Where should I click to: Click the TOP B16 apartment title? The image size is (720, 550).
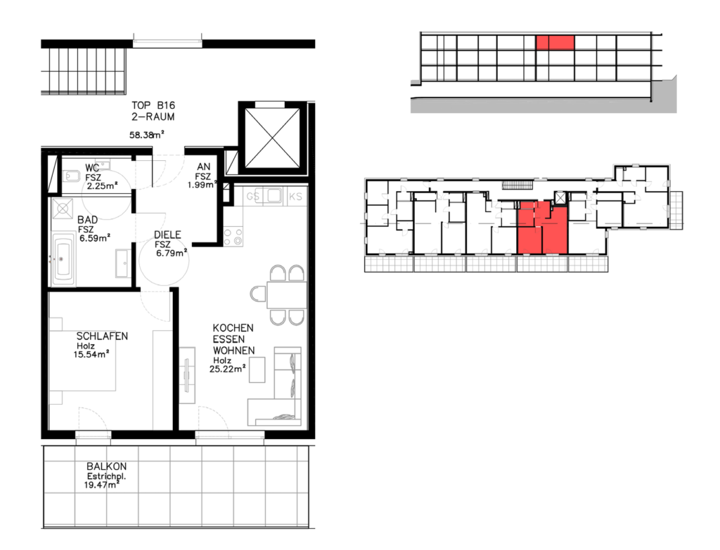(x=153, y=105)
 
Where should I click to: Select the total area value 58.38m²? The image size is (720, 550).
(x=147, y=134)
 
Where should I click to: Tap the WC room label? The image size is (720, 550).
(x=92, y=168)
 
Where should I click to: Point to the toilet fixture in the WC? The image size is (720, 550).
(x=71, y=176)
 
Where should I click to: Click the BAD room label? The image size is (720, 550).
(x=87, y=220)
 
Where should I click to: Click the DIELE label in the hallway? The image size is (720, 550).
(x=167, y=235)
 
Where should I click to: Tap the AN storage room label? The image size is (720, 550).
(x=203, y=167)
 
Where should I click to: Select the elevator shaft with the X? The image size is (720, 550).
(x=272, y=138)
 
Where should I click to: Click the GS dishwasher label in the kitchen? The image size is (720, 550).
(x=253, y=197)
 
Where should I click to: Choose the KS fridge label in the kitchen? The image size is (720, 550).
(x=295, y=197)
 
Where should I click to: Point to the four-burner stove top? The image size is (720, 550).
(x=233, y=237)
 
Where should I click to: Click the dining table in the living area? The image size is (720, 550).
(x=287, y=295)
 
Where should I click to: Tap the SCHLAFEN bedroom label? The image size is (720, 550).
(x=102, y=336)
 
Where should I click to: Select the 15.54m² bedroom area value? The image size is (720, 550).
(x=91, y=354)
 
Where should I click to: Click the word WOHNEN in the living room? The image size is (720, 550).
(x=233, y=351)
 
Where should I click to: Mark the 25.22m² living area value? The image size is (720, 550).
(x=227, y=368)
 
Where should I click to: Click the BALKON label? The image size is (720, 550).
(x=107, y=466)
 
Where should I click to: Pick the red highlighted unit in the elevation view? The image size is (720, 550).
(x=555, y=43)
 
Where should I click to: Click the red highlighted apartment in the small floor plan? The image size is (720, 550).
(x=543, y=228)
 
